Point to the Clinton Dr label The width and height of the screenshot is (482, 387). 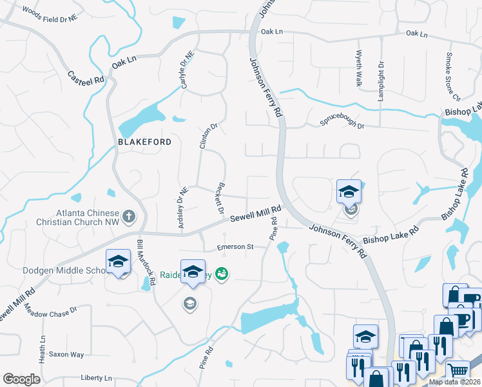(x=205, y=136)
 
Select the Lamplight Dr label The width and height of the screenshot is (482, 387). (x=381, y=75)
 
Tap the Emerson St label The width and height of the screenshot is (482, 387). (x=236, y=246)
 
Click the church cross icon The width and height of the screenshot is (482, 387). (x=129, y=216)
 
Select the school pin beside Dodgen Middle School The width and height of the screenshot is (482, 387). (x=119, y=262)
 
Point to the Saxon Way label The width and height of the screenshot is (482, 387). (x=68, y=354)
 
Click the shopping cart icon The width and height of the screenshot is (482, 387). (x=458, y=371)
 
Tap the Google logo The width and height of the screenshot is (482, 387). (x=21, y=379)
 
